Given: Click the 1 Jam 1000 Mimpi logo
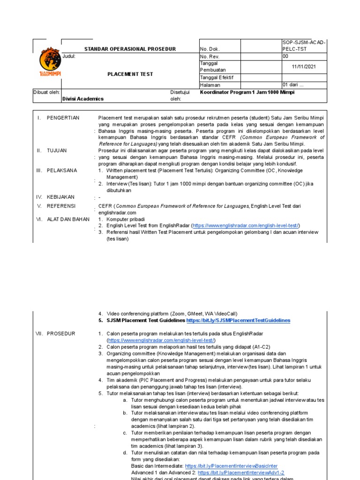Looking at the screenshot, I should (x=49, y=62).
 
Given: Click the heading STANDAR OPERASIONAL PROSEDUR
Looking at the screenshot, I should (x=130, y=49).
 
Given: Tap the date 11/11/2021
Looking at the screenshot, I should (x=304, y=67).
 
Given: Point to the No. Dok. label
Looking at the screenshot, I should (x=209, y=49).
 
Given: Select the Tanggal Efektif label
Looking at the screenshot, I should (x=217, y=77).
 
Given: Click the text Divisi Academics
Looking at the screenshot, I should (x=83, y=99).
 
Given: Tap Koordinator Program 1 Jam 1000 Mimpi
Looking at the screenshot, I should (x=248, y=92).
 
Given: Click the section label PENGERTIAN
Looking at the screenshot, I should (x=63, y=118).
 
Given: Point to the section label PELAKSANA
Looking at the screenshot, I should (x=62, y=171).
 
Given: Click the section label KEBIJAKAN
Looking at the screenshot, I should (x=61, y=197).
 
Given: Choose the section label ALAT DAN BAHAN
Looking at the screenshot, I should (x=68, y=219).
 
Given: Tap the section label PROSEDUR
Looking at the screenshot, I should (x=61, y=333).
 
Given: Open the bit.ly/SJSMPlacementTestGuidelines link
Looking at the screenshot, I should (x=238, y=321).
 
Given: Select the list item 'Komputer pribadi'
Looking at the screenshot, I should (x=126, y=219).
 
